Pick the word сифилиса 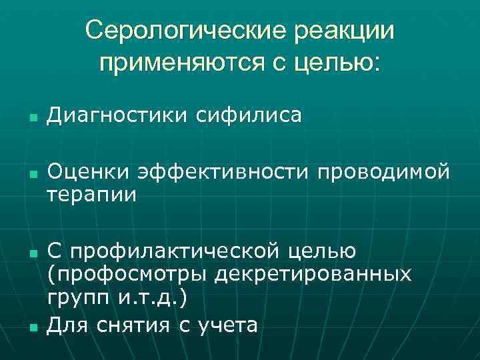pyautogui.click(x=249, y=117)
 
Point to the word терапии pyautogui.click(x=91, y=195)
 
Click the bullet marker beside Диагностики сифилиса pyautogui.click(x=32, y=119)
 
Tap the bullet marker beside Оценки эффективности pyautogui.click(x=32, y=175)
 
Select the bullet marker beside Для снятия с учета pyautogui.click(x=32, y=327)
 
